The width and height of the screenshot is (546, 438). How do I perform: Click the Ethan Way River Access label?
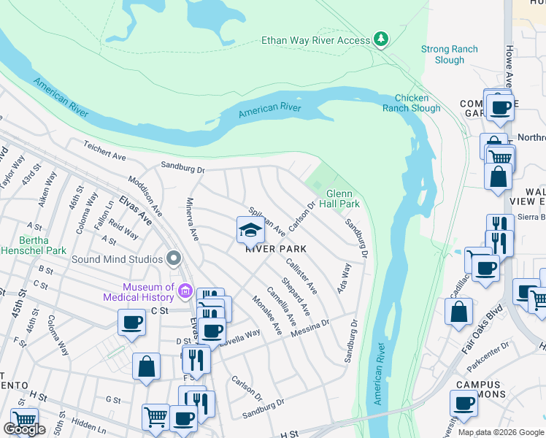316,41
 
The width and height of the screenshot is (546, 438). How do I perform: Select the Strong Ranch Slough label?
449,55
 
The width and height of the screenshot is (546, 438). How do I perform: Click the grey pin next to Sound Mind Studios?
173,258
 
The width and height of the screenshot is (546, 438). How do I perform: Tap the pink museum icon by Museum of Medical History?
185,292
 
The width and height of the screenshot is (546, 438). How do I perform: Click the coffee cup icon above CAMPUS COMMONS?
464,402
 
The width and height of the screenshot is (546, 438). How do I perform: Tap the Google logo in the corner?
25,430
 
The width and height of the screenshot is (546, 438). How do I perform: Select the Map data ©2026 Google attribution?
501,432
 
